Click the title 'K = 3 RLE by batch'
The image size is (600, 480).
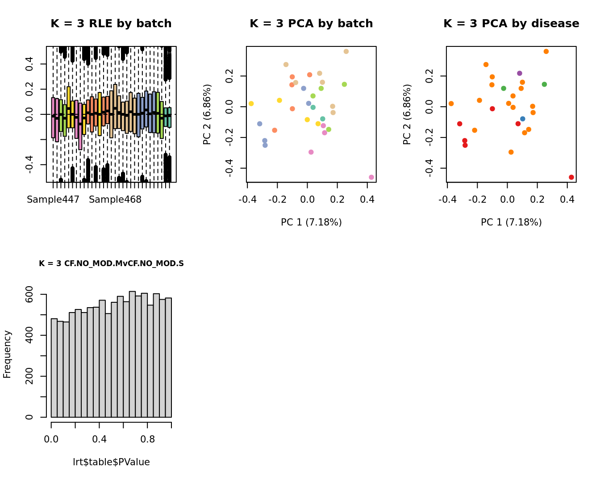click(x=111, y=24)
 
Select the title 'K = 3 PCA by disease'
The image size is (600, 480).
click(x=511, y=24)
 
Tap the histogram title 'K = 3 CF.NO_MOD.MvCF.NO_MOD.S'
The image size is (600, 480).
click(x=111, y=263)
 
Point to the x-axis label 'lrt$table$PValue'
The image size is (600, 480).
click(x=111, y=462)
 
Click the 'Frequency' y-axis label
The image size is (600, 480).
click(x=7, y=354)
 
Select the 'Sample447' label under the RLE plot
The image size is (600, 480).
click(x=53, y=200)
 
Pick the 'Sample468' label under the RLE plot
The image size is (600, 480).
click(x=115, y=200)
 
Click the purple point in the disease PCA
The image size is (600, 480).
click(x=519, y=73)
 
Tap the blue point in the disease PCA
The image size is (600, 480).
click(x=522, y=119)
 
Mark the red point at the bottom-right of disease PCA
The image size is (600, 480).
click(x=571, y=177)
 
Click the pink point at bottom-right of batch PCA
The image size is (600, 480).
click(x=371, y=177)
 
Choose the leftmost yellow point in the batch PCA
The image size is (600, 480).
click(x=251, y=104)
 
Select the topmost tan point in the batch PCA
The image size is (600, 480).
click(x=346, y=52)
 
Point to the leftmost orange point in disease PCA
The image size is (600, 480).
click(x=451, y=104)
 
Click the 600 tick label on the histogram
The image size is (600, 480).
click(x=29, y=295)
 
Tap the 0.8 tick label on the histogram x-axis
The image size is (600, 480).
click(x=147, y=439)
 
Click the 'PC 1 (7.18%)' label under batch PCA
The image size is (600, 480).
click(x=311, y=222)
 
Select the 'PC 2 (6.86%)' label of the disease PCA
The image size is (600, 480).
click(x=407, y=114)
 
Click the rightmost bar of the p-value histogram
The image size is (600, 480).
click(x=168, y=358)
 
